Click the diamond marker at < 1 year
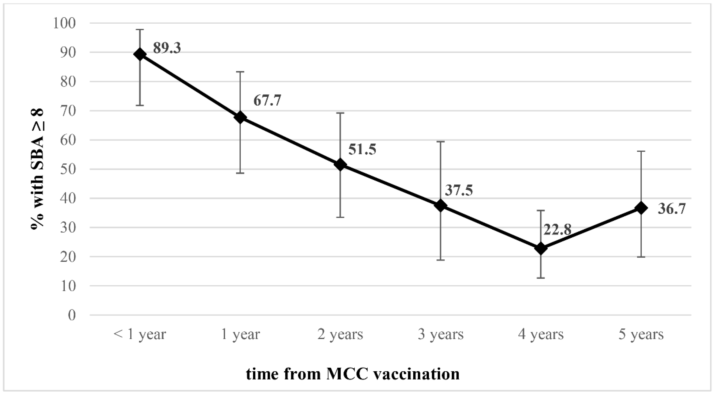(140, 54)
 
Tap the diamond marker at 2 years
(340, 165)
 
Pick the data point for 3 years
(440, 206)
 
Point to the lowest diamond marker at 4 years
(541, 248)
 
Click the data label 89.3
(167, 48)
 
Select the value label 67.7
(267, 100)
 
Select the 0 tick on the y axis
(72, 315)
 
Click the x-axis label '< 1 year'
(139, 335)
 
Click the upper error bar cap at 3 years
(440, 142)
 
